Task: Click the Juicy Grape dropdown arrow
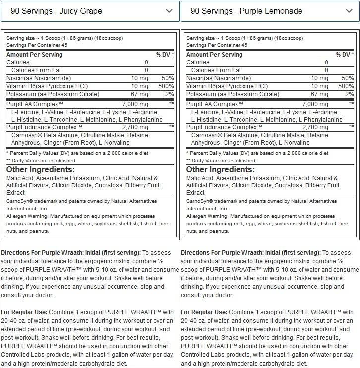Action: click(169, 11)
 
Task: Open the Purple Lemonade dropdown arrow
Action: click(349, 11)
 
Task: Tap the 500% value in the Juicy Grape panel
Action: click(166, 86)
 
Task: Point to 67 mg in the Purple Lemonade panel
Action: click(320, 94)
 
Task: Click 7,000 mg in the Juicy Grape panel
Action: click(135, 104)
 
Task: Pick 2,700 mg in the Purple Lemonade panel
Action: click(315, 127)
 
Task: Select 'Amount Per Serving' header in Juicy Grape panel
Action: click(34, 55)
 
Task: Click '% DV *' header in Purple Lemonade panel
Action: click(345, 55)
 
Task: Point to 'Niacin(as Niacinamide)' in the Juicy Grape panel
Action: click(39, 78)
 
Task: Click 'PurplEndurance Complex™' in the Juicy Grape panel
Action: click(38, 127)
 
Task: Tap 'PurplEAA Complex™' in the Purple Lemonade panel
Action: click(215, 104)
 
